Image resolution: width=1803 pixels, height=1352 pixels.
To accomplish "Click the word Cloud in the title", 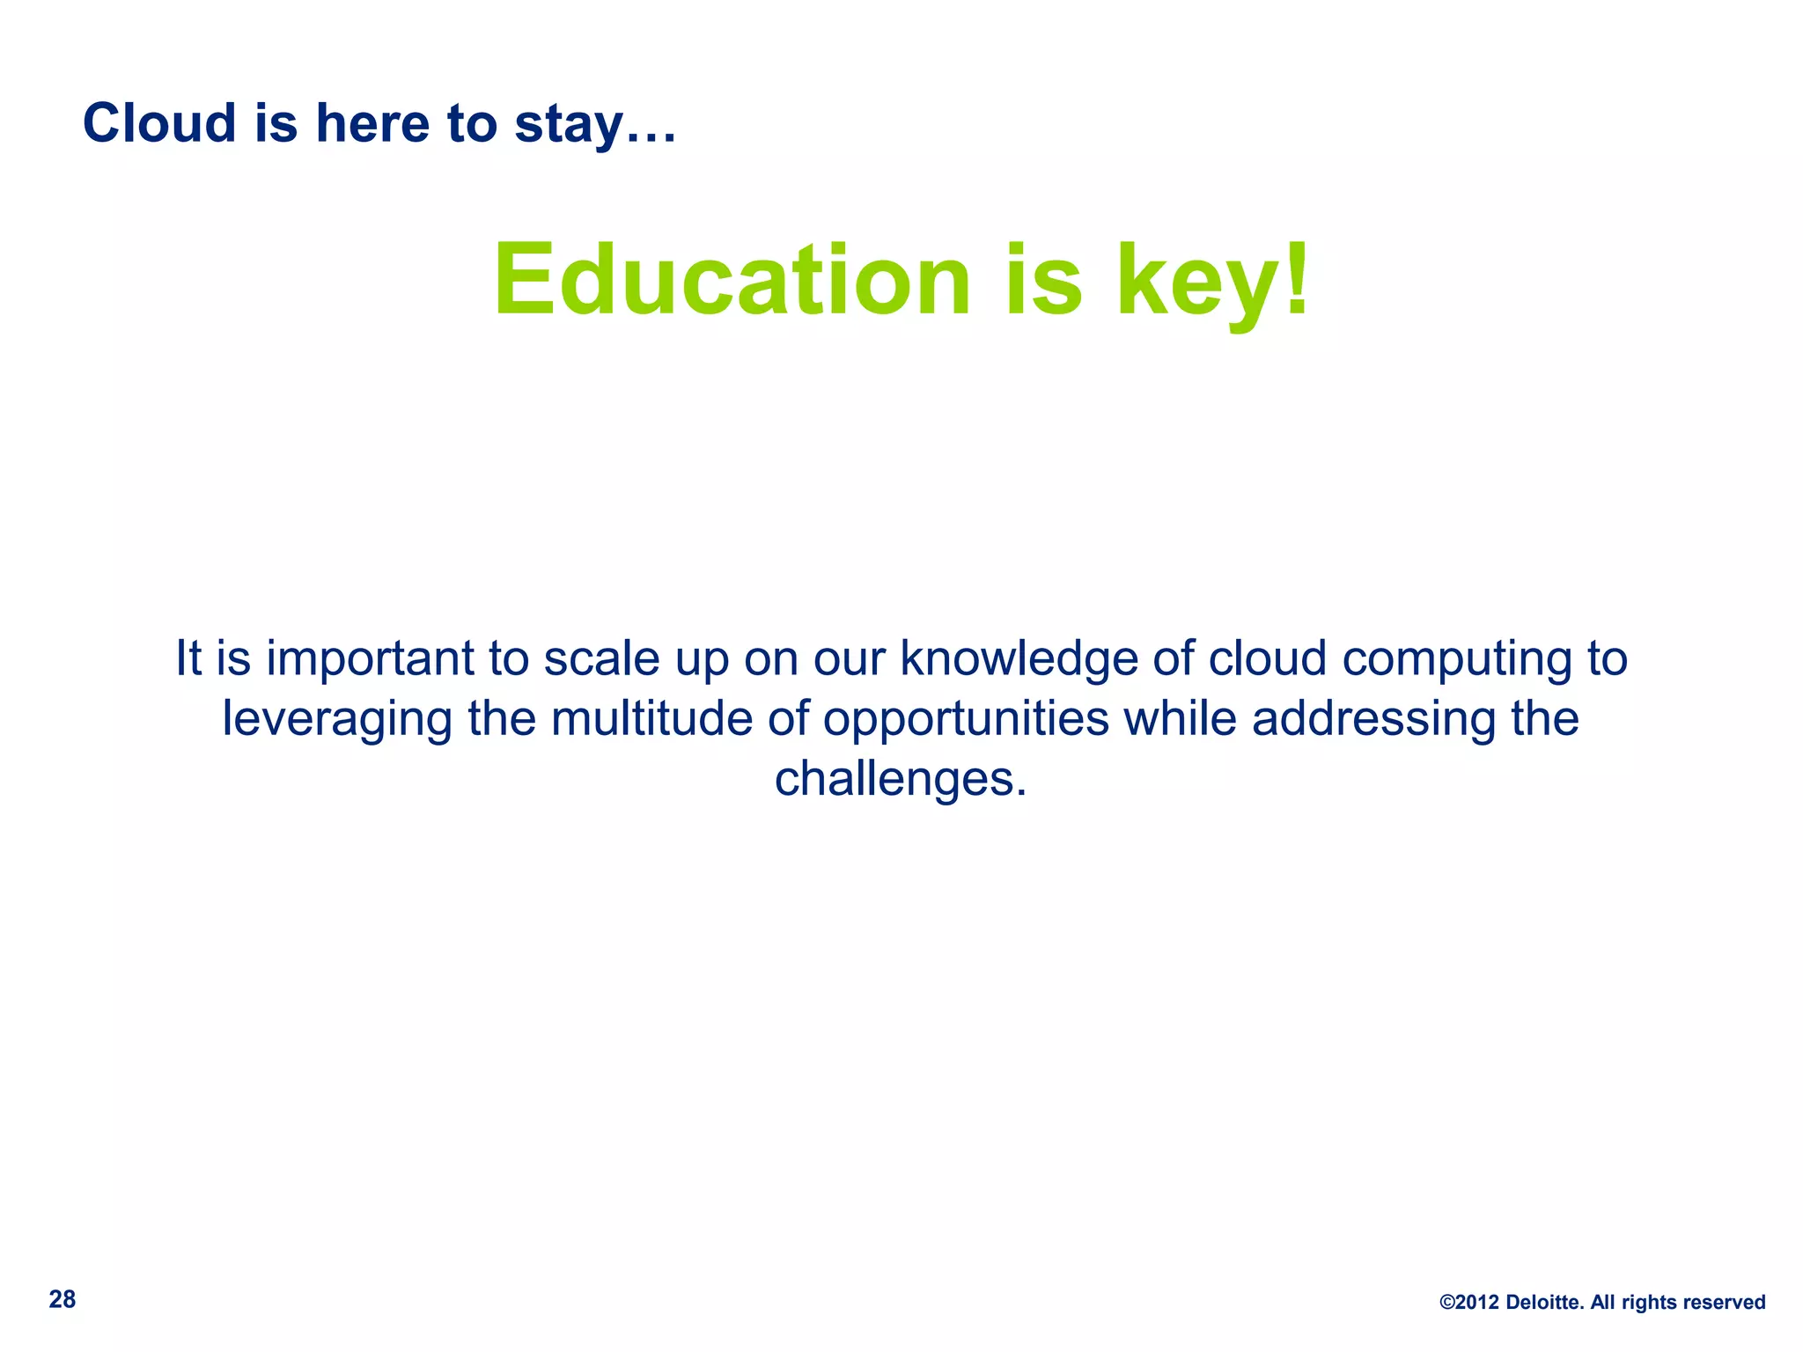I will (x=159, y=123).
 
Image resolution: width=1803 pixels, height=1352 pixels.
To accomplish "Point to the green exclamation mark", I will (x=1297, y=276).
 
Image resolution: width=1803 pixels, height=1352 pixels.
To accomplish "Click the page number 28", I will (x=63, y=1299).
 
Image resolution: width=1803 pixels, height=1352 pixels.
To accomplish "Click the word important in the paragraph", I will (x=370, y=659).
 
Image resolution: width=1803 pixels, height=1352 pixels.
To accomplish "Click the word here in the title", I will (x=373, y=123).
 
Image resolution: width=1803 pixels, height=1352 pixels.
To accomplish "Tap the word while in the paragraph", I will (x=1181, y=718).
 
